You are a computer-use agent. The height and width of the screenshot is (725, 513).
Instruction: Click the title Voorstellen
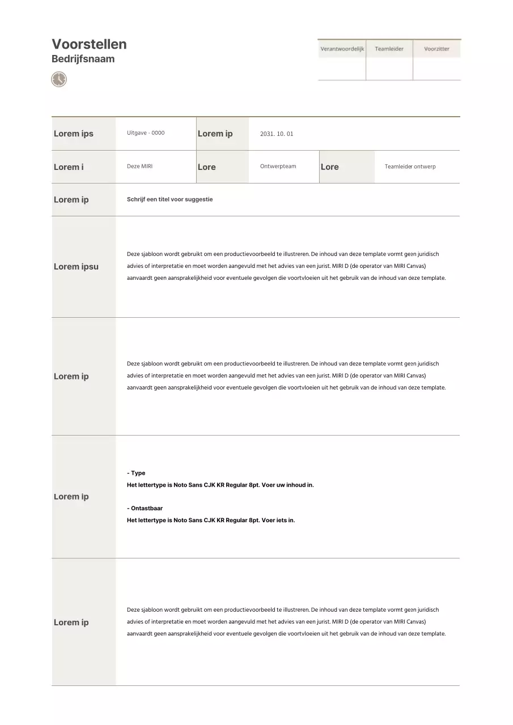click(89, 44)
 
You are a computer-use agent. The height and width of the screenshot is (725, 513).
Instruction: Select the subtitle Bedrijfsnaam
click(83, 59)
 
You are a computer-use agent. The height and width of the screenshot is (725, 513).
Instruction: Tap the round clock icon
click(59, 79)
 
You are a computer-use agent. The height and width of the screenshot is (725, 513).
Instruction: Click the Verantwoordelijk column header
click(342, 49)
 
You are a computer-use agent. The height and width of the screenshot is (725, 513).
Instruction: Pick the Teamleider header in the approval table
click(389, 49)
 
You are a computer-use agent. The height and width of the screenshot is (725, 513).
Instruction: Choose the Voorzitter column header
click(436, 49)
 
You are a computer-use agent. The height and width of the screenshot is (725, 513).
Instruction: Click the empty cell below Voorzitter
click(436, 69)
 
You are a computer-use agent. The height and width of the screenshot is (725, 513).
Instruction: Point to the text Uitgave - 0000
click(146, 133)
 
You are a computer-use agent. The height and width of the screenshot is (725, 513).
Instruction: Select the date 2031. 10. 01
click(277, 134)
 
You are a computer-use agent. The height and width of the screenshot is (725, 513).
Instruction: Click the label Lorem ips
click(74, 134)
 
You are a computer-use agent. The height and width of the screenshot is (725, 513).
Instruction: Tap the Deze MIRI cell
click(139, 167)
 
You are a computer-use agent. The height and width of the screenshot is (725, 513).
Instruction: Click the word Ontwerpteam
click(274, 167)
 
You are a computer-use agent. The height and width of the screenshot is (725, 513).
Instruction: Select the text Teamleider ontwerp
click(410, 167)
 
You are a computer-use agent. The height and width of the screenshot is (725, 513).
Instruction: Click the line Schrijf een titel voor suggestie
click(170, 199)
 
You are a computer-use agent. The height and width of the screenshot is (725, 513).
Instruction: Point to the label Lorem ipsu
click(76, 267)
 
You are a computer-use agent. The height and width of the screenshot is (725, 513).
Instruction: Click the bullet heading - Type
click(136, 473)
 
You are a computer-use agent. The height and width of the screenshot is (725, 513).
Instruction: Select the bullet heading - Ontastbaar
click(145, 509)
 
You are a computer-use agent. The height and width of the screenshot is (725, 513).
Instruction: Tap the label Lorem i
click(69, 167)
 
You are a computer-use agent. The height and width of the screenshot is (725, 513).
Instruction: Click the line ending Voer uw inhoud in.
click(220, 485)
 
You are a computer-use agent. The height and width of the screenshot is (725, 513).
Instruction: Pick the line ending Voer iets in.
click(211, 521)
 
